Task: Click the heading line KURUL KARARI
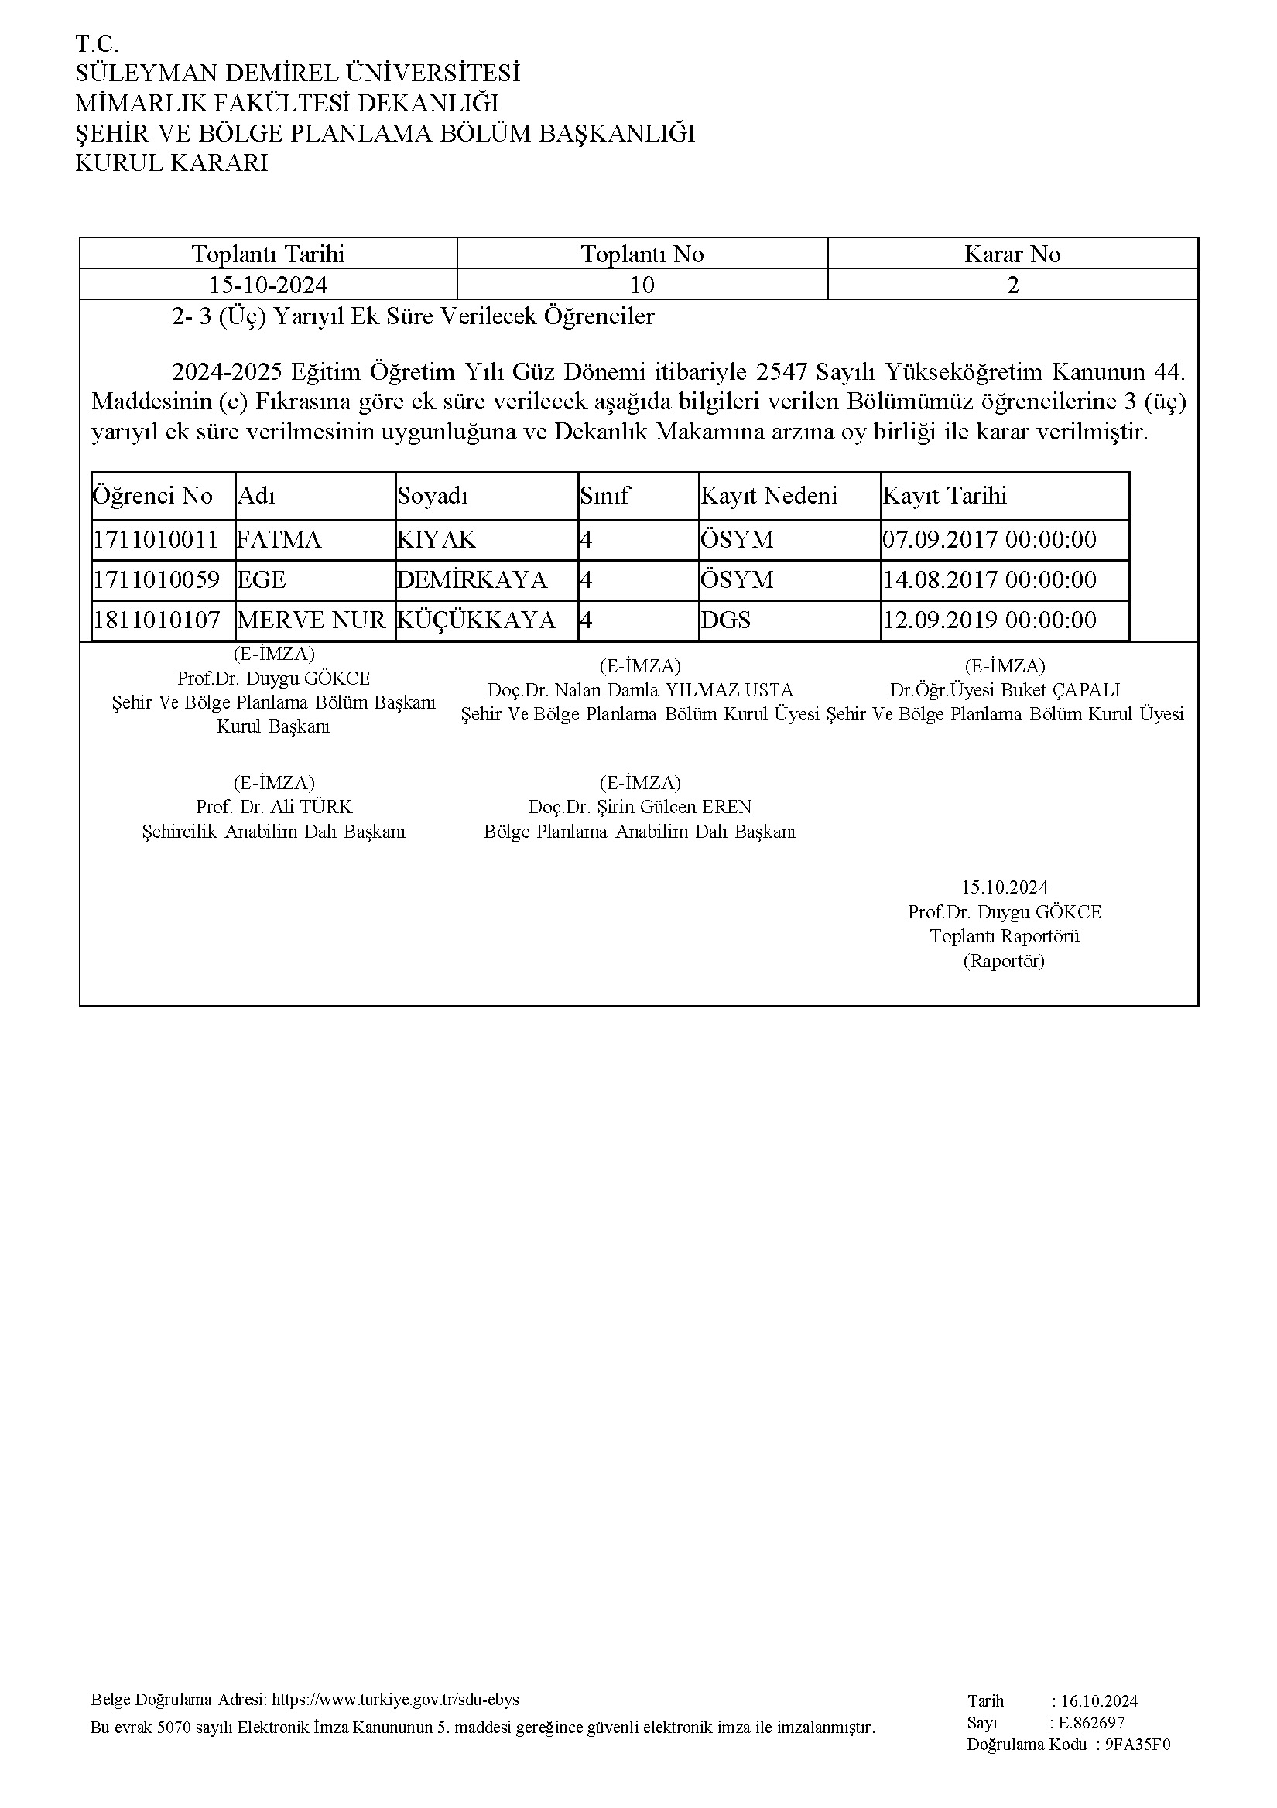(x=171, y=163)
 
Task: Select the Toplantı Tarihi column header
(x=268, y=255)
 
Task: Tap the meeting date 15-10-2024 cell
(x=268, y=284)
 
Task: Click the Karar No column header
(x=1012, y=255)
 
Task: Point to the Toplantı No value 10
(x=642, y=284)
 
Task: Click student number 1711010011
(x=156, y=540)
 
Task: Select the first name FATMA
(x=279, y=540)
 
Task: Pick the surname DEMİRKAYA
(x=472, y=580)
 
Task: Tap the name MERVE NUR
(x=311, y=620)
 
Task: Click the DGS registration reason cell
(x=725, y=620)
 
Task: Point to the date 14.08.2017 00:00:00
(x=989, y=580)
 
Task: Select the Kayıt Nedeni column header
(x=769, y=496)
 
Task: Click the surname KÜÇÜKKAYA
(x=477, y=620)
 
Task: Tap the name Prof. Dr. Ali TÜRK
(x=274, y=807)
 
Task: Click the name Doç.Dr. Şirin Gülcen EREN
(x=640, y=807)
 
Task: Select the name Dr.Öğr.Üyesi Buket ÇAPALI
(x=1005, y=691)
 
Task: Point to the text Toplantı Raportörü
(x=1004, y=936)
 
